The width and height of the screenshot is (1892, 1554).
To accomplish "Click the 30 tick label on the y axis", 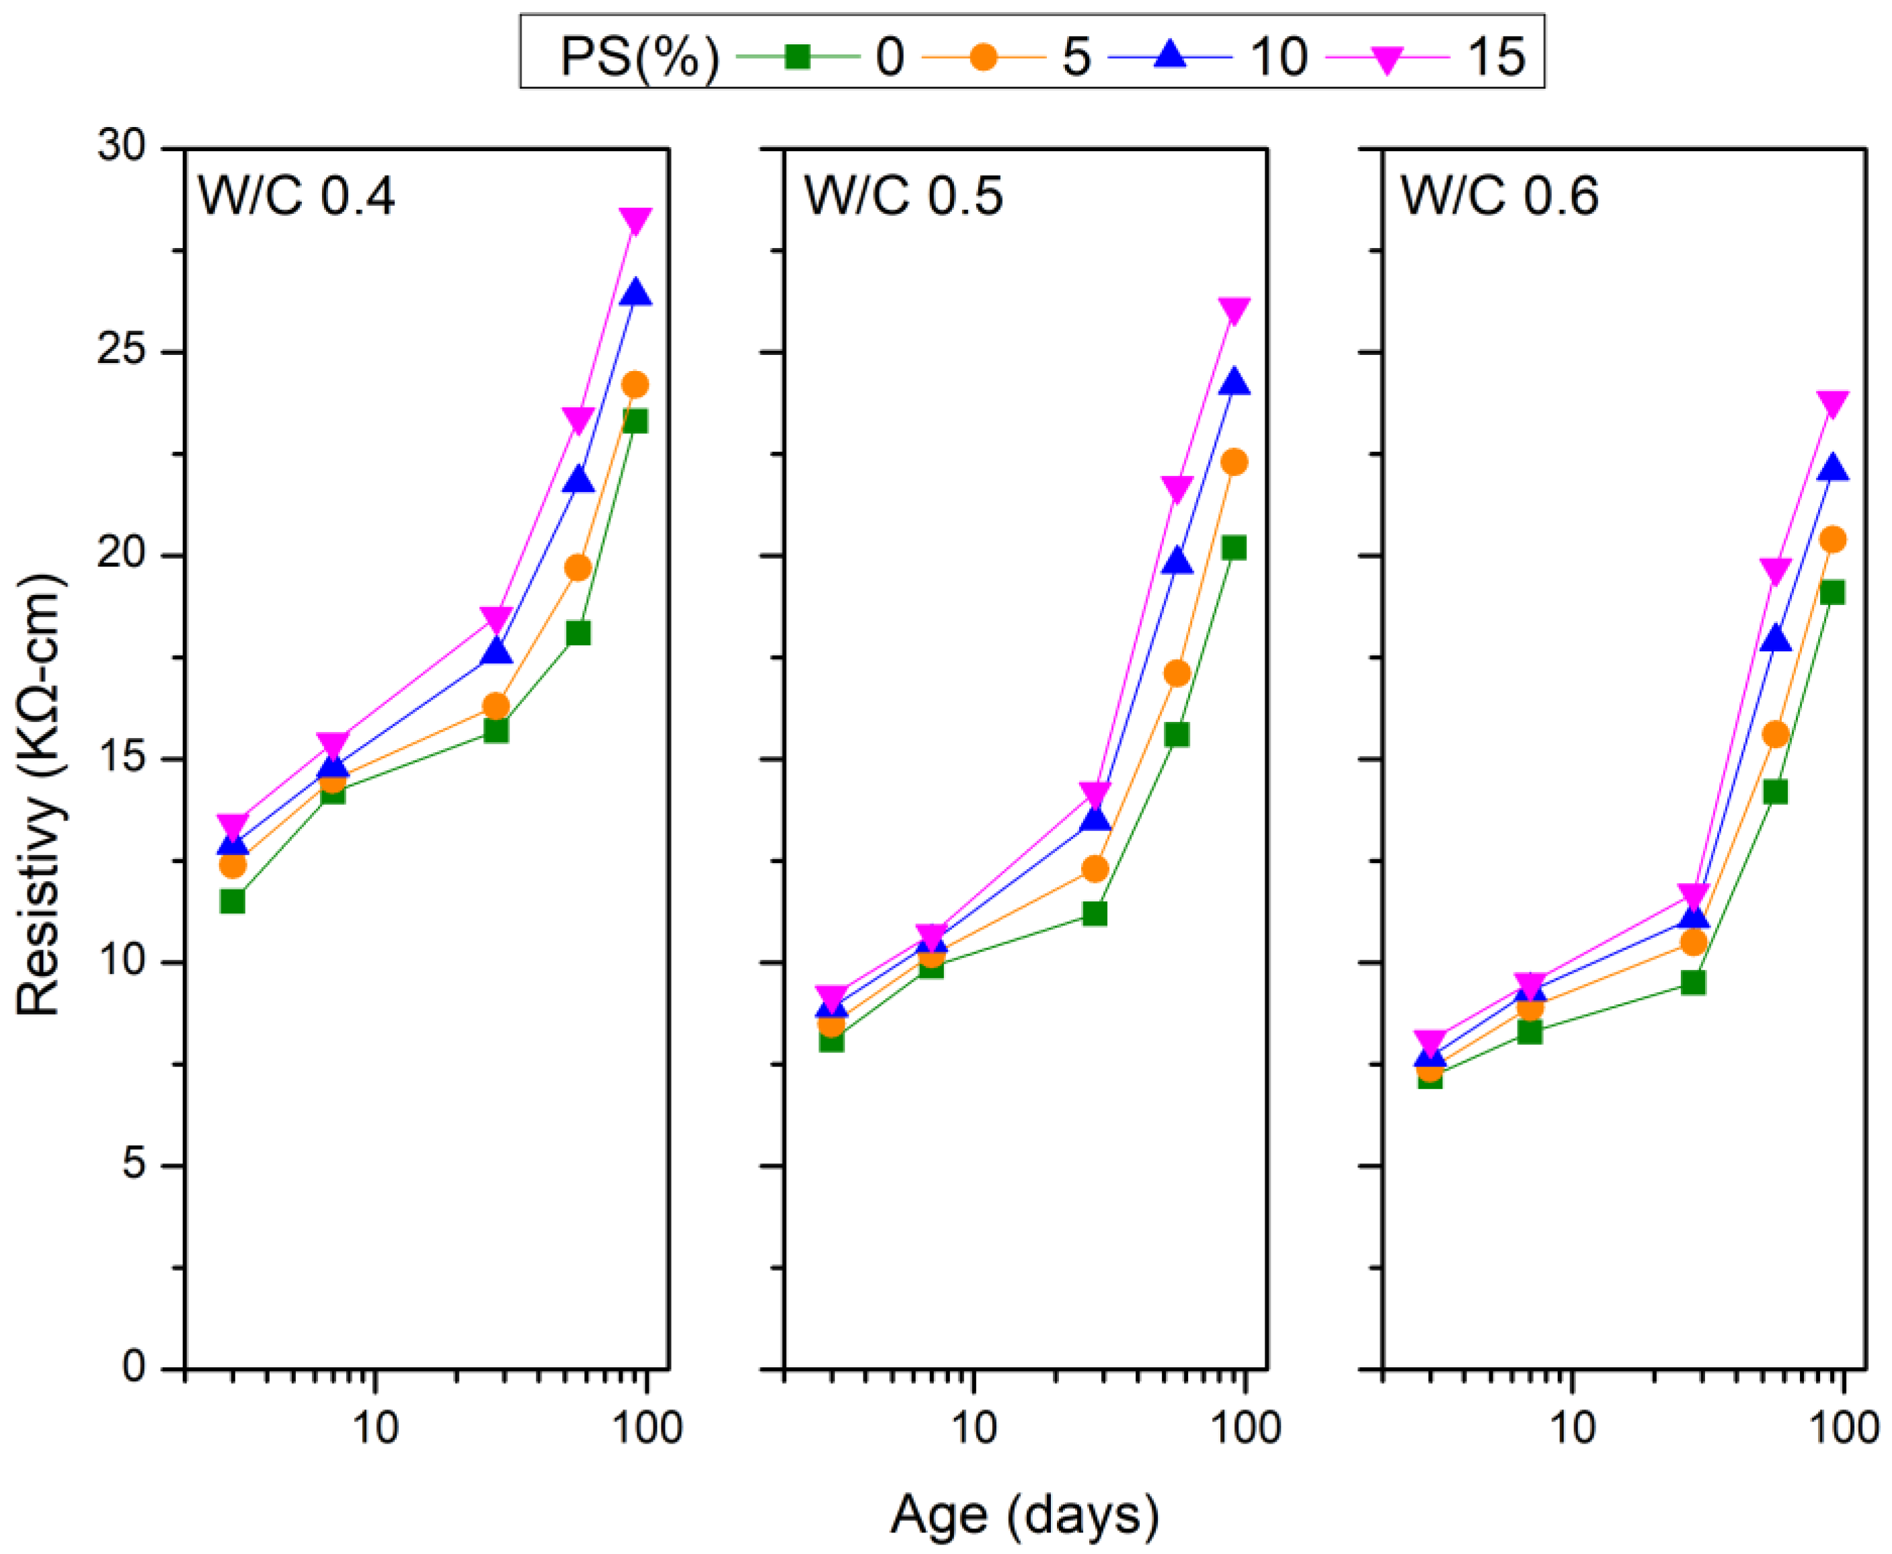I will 121,145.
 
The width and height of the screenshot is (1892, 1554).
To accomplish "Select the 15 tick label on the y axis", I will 121,758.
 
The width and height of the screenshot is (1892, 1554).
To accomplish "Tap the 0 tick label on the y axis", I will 134,1368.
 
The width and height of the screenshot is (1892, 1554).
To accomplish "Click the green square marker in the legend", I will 798,57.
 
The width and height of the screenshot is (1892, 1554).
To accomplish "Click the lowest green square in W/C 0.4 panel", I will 233,901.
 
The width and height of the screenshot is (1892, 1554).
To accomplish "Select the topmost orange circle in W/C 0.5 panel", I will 1234,462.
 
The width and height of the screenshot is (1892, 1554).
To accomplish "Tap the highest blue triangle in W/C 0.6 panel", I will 1833,467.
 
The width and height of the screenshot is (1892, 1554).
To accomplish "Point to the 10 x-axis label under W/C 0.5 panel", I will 974,1427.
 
